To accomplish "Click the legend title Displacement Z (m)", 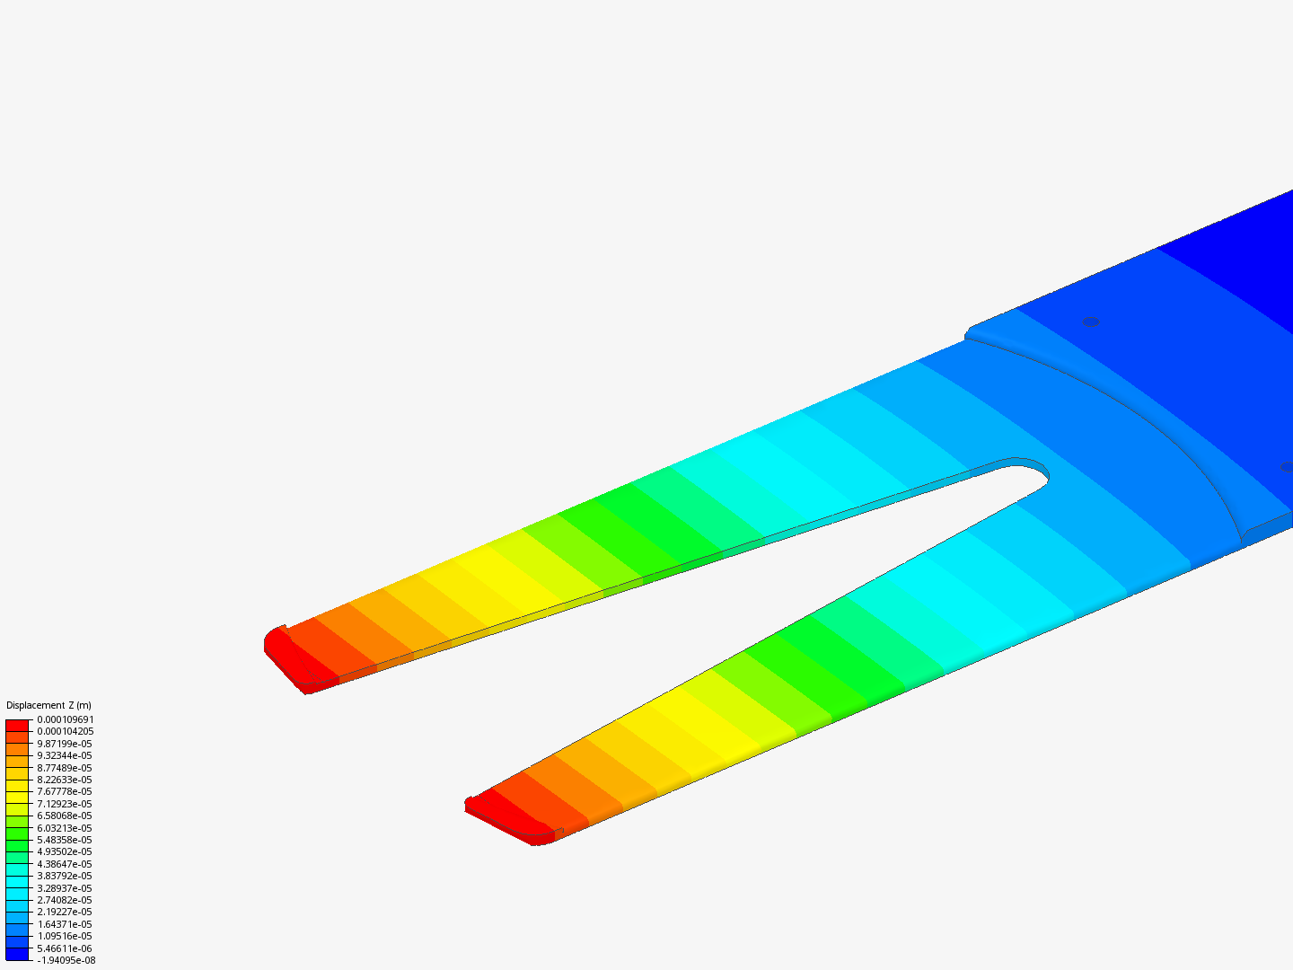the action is coord(48,705).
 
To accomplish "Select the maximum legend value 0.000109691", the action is coord(66,719).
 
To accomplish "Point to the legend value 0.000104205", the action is coord(66,731).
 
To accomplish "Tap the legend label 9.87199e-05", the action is coord(65,744).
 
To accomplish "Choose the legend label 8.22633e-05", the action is coord(65,780).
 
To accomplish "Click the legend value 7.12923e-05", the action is coord(65,804).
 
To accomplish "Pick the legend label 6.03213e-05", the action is coord(65,828).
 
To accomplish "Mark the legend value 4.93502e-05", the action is coord(65,851).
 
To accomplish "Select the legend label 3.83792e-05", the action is coord(65,876).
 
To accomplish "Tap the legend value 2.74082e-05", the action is coord(65,900).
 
